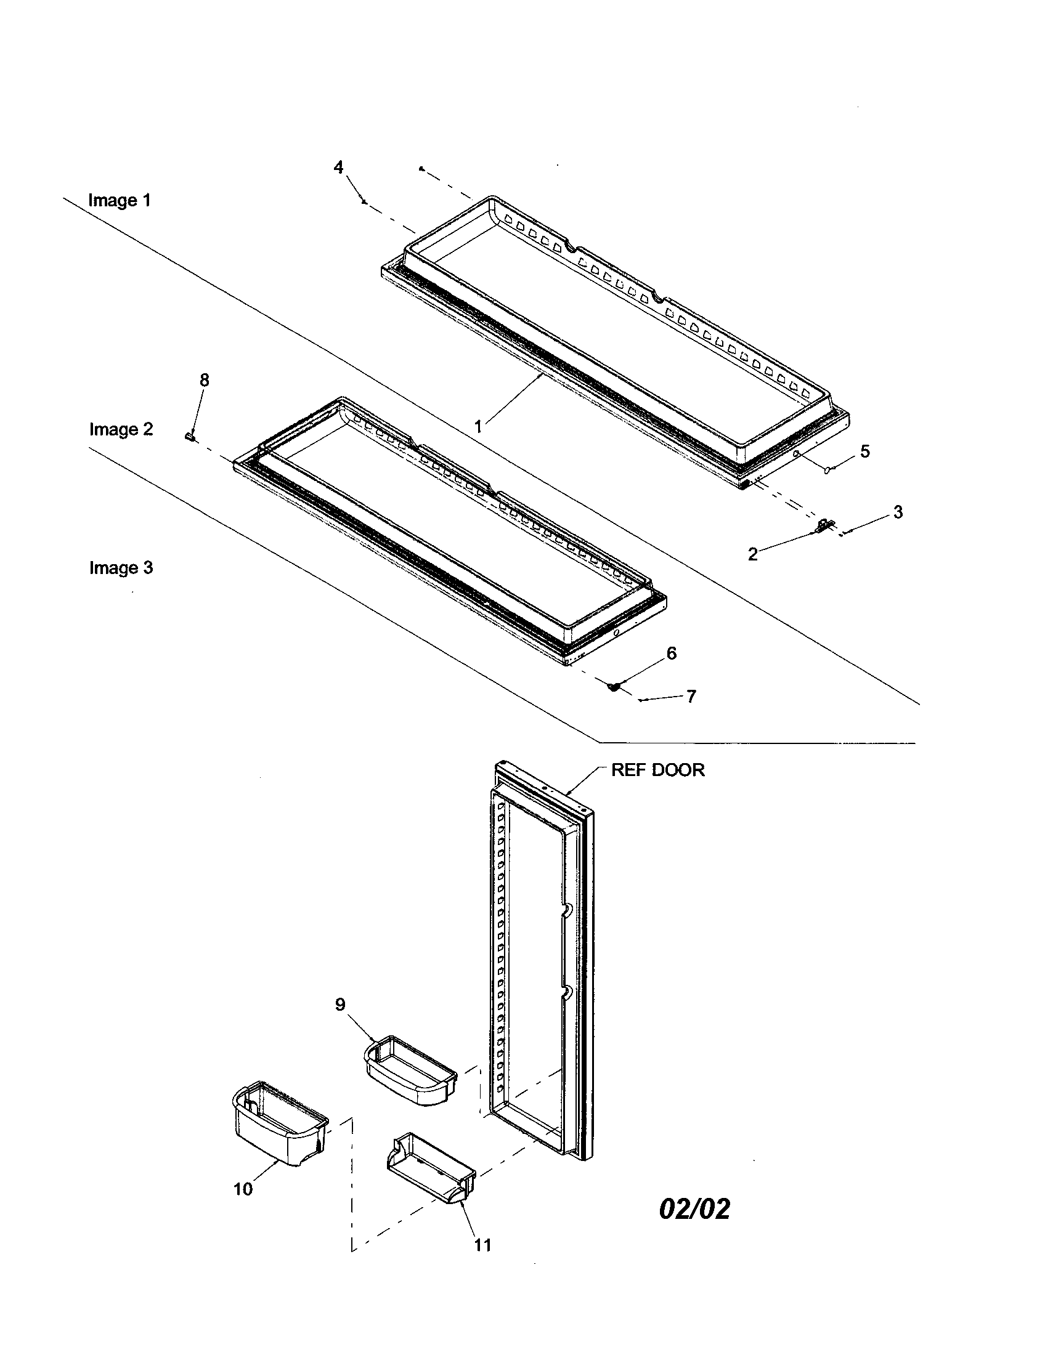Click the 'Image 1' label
click(119, 200)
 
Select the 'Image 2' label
click(120, 429)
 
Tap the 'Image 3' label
click(120, 568)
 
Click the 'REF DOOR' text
click(658, 770)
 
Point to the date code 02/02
click(694, 1208)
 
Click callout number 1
click(478, 427)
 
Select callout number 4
click(338, 168)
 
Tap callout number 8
click(204, 379)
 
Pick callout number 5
click(865, 451)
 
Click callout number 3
click(898, 512)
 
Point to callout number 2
click(753, 554)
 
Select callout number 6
click(672, 653)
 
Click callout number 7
click(691, 696)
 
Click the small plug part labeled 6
click(614, 687)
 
